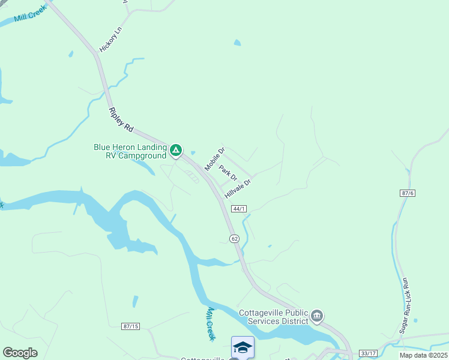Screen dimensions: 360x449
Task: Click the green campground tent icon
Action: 176,150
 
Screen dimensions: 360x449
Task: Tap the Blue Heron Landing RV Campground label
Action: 130,151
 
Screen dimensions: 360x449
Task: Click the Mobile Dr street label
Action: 214,159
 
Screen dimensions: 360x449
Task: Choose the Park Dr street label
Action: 228,175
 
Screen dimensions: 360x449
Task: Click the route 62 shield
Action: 235,238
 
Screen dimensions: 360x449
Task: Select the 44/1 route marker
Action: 239,209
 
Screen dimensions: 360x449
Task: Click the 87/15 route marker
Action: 130,326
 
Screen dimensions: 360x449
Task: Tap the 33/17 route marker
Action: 367,353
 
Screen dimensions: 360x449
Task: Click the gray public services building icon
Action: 318,316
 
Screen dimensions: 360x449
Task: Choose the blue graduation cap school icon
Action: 243,347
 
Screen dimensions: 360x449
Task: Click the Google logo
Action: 20,353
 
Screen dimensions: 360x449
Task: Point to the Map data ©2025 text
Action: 423,355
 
